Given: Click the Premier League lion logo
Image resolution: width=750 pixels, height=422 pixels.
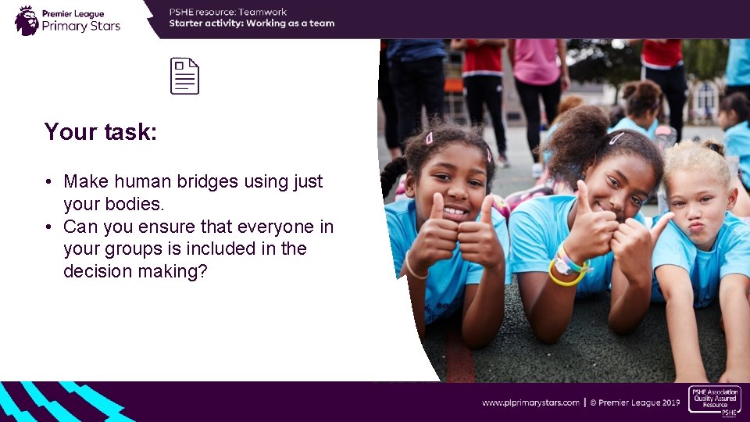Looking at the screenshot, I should pos(27,20).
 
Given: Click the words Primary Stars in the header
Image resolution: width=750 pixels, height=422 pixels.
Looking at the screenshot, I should pos(81,26).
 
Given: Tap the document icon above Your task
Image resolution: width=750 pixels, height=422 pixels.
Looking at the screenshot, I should pos(185,77).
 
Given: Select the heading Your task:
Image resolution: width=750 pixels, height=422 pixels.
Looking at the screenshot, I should pos(101,131).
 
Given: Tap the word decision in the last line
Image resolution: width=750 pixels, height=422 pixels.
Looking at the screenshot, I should pos(95,271).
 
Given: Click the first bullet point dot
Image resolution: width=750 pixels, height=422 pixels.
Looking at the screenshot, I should pos(48,182).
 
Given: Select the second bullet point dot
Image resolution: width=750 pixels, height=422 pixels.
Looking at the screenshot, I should pos(48,227).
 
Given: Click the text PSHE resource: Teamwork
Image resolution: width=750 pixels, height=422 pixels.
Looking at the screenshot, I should pos(228,12).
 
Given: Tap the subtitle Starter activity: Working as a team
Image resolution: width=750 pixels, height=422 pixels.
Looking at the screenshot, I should pos(252,23).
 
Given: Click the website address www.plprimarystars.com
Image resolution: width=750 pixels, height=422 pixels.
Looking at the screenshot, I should pos(530,402).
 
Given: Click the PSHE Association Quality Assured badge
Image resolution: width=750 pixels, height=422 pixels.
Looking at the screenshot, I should pos(714,400).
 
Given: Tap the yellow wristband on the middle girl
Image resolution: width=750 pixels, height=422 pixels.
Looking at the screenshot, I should pos(565,277).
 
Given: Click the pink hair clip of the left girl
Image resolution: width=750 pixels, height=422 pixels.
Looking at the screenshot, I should pos(429,138).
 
